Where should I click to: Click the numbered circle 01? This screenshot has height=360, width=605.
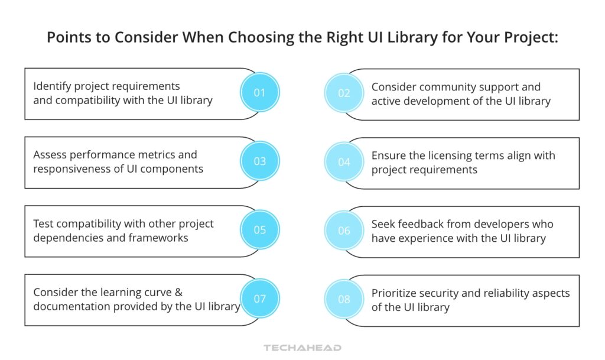260,93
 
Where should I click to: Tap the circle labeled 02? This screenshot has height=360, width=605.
344,93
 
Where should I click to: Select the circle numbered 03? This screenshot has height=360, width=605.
260,161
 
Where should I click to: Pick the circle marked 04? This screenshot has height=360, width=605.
344,162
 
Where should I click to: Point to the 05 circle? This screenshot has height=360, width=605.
260,230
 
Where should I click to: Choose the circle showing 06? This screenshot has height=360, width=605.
344,231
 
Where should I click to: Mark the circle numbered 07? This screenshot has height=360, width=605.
260,299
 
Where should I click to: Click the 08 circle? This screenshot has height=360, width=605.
344,299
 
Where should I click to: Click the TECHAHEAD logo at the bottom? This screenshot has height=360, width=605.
302,348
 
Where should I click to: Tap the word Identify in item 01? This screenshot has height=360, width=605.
51,86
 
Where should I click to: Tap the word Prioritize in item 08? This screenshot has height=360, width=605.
395,293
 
